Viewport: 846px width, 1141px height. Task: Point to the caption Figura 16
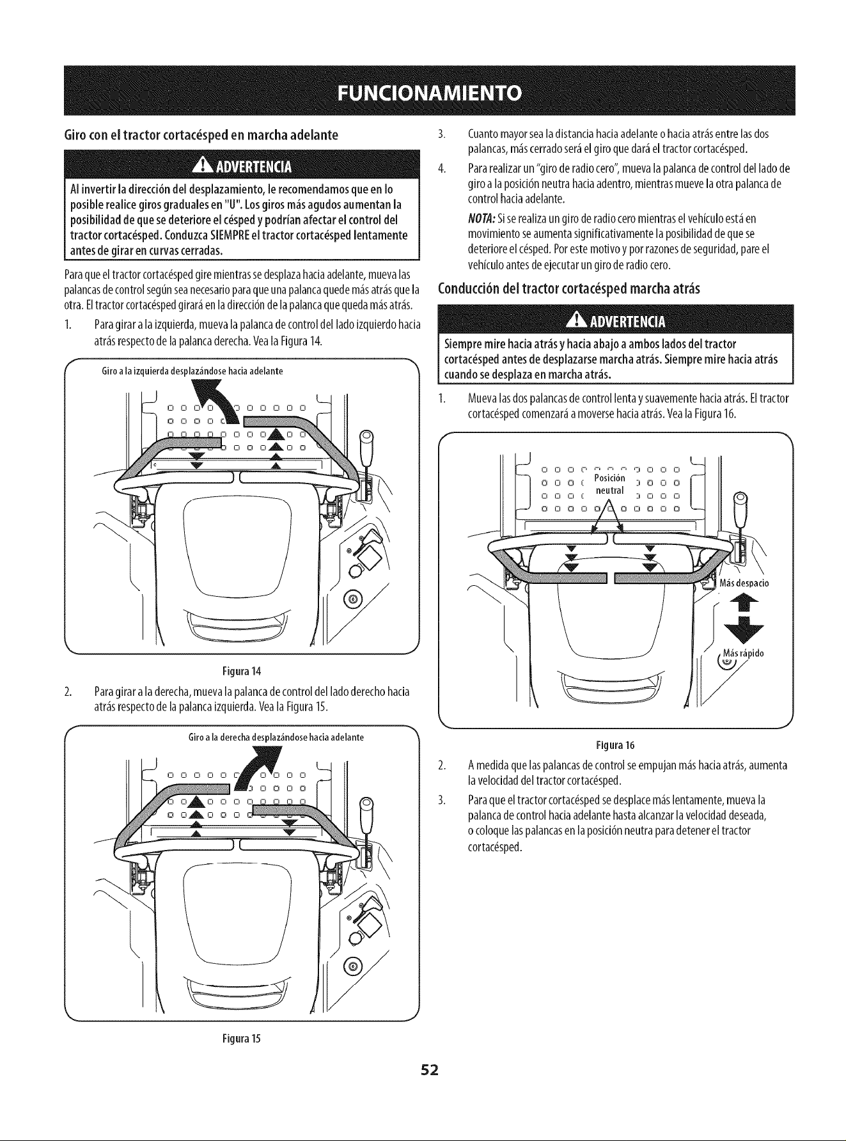click(615, 745)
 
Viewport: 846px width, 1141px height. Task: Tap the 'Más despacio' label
click(744, 583)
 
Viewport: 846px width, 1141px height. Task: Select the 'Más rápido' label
click(744, 653)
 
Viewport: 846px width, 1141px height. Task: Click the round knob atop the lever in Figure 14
click(367, 438)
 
